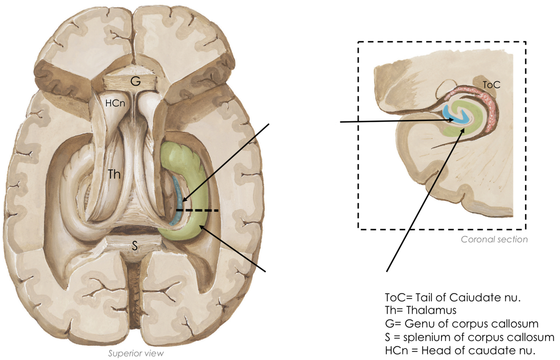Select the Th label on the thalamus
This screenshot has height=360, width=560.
[115, 174]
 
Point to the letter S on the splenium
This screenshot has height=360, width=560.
[135, 246]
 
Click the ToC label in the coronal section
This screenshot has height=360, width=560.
[491, 85]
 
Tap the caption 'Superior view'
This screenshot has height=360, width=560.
[136, 353]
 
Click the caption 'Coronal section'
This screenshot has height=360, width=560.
[494, 239]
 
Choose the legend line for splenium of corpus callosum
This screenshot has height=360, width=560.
[469, 337]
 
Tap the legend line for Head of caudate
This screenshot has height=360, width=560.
[461, 351]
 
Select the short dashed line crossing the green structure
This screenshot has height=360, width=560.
[197, 210]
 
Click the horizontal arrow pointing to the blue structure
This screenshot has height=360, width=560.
[395, 121]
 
